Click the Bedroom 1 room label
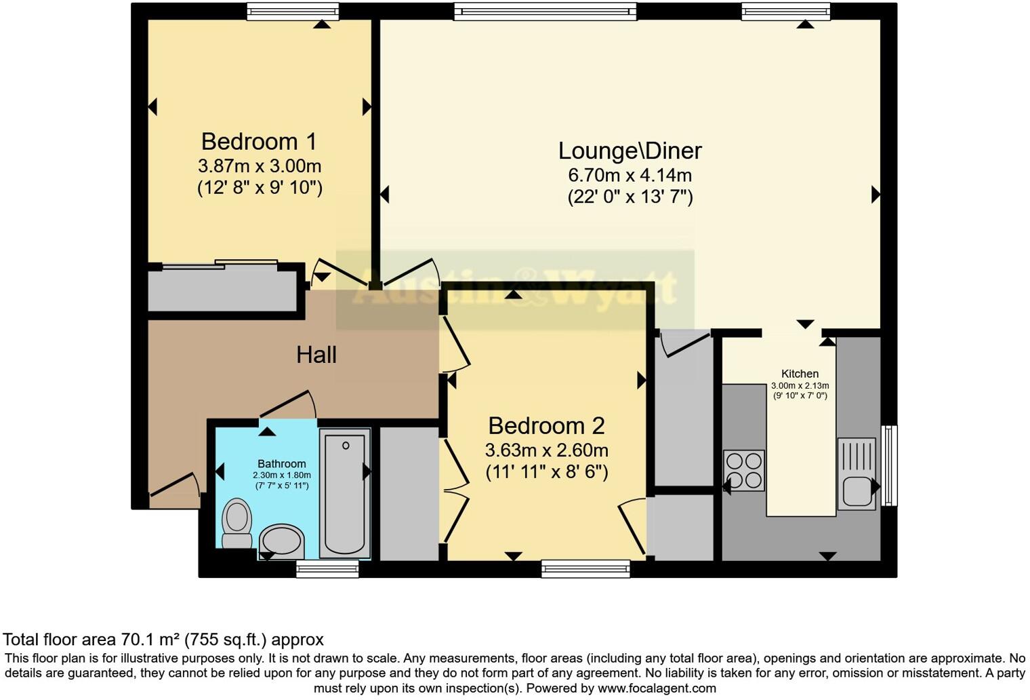(259, 142)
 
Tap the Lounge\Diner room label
(630, 151)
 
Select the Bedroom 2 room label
(546, 426)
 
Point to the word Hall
(316, 355)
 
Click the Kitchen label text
(800, 374)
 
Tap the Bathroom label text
(281, 464)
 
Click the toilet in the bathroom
(236, 523)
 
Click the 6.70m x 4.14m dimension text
(630, 175)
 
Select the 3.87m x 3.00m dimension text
(259, 166)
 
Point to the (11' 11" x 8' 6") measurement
(546, 471)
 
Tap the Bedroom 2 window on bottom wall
(585, 568)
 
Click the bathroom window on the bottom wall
(327, 568)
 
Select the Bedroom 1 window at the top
(292, 11)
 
